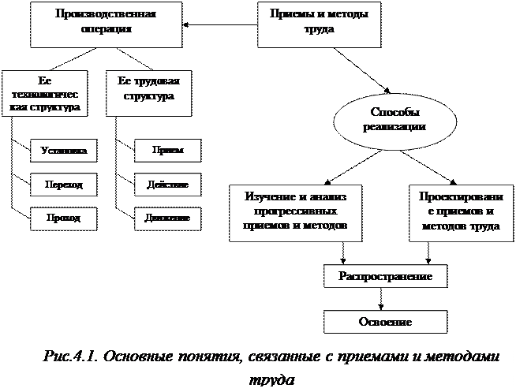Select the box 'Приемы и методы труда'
pyautogui.click(x=320, y=24)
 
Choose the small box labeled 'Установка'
pyautogui.click(x=65, y=151)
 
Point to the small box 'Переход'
pyautogui.click(x=65, y=185)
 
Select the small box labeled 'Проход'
pyautogui.click(x=65, y=218)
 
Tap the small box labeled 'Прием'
pyautogui.click(x=167, y=151)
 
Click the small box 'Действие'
pyautogui.click(x=167, y=185)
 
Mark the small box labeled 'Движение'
pyautogui.click(x=167, y=218)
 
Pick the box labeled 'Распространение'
pyautogui.click(x=385, y=276)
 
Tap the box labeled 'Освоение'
pyautogui.click(x=385, y=322)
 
